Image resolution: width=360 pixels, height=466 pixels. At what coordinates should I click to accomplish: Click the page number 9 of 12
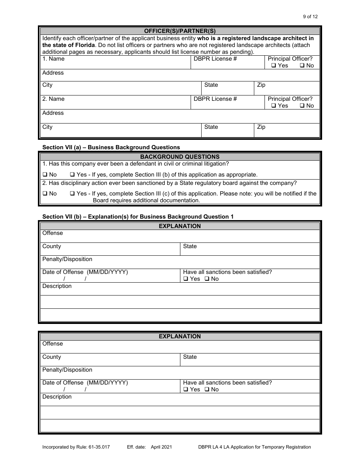(x=310, y=16)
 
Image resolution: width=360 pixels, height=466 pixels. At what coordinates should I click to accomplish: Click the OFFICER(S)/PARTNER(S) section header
(x=180, y=31)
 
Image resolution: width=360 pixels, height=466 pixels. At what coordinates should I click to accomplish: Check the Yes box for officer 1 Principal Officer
(x=274, y=66)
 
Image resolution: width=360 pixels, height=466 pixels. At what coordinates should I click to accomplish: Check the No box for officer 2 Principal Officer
(x=302, y=106)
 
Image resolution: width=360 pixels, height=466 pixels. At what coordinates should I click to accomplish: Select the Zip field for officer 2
(x=287, y=131)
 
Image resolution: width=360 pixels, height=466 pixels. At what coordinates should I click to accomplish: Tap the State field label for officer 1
(x=211, y=85)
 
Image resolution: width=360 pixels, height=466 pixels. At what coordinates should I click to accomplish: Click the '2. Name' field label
(x=53, y=99)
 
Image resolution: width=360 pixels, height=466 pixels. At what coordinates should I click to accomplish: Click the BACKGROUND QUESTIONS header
(x=180, y=156)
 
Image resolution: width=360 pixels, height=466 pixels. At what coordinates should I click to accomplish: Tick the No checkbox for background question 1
(x=45, y=175)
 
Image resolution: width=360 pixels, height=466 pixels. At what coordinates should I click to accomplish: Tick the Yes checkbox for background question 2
(x=72, y=194)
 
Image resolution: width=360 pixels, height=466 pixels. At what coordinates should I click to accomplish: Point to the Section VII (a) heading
(x=111, y=147)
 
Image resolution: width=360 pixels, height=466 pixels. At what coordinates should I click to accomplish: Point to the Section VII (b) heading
(x=138, y=216)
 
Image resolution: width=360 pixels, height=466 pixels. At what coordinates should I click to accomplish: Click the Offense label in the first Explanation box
(x=53, y=233)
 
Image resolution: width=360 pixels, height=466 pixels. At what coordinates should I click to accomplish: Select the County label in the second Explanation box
(x=52, y=357)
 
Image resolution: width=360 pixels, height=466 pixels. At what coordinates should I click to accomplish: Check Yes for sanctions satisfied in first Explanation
(x=186, y=279)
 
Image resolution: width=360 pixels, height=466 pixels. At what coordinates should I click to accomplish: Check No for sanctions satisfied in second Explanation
(x=207, y=389)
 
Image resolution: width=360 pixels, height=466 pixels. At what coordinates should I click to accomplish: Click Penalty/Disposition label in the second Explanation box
(x=67, y=370)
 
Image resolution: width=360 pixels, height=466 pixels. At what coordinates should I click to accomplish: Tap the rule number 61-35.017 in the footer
(x=97, y=447)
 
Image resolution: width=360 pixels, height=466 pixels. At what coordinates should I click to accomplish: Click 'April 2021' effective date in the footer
(x=161, y=447)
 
